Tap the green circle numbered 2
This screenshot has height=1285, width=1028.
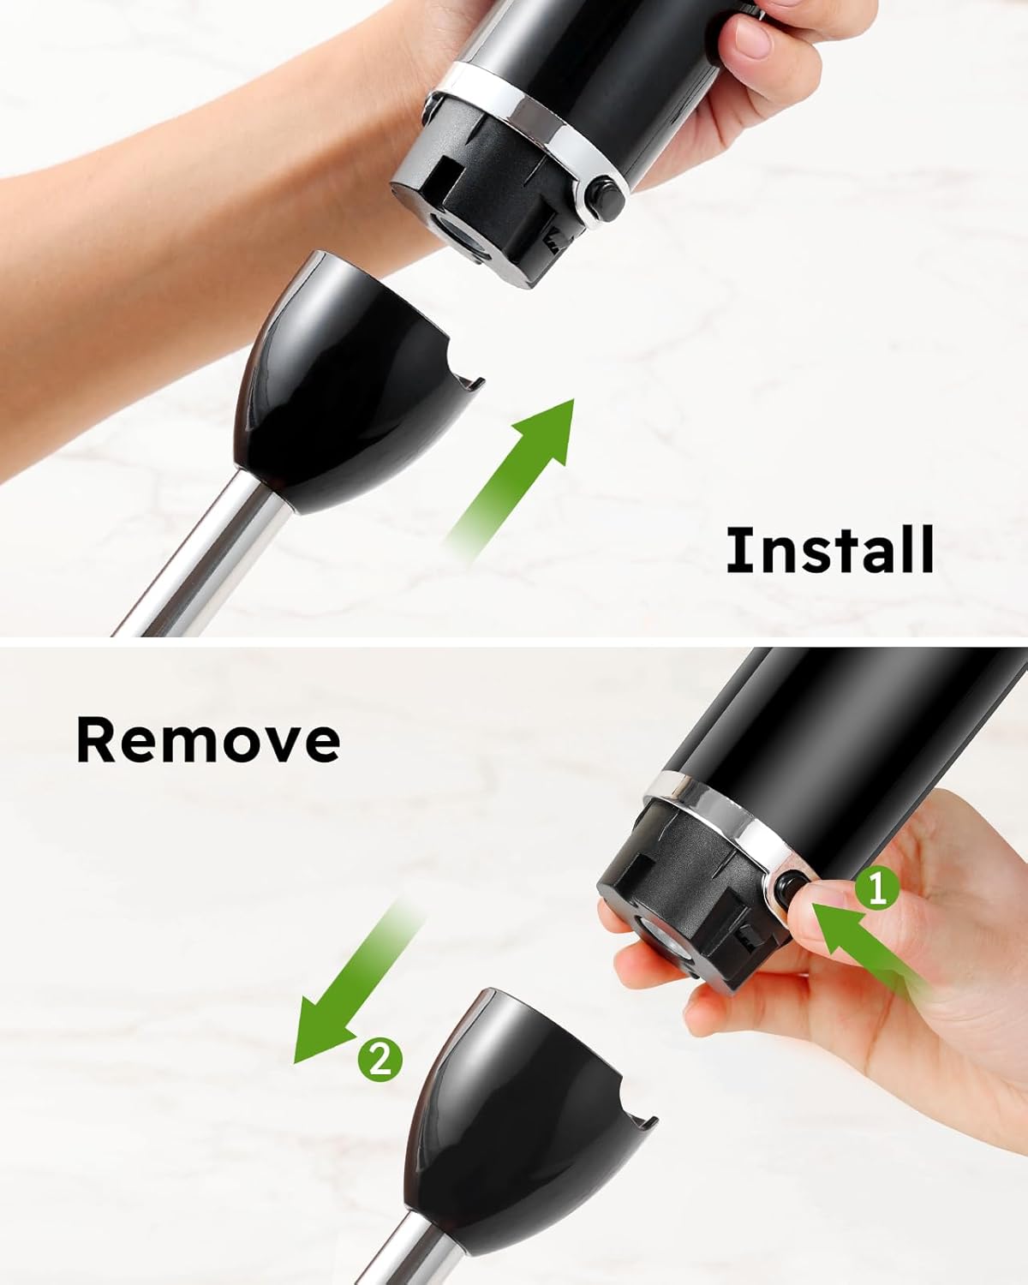point(380,1060)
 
